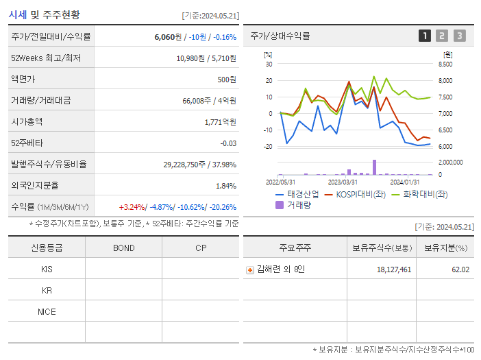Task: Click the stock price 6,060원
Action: pos(168,37)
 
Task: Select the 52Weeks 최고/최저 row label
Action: pos(46,58)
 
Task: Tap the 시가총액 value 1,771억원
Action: pos(220,122)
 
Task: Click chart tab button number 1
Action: pos(425,36)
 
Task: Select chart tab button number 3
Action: pos(459,36)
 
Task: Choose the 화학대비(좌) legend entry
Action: pos(419,194)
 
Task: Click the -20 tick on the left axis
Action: pos(269,146)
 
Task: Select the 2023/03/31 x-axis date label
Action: pos(343,182)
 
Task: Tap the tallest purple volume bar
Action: pos(374,167)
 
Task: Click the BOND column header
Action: pos(123,248)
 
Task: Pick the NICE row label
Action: pos(47,312)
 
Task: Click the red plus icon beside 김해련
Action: pos(250,270)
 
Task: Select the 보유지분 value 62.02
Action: pos(460,269)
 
